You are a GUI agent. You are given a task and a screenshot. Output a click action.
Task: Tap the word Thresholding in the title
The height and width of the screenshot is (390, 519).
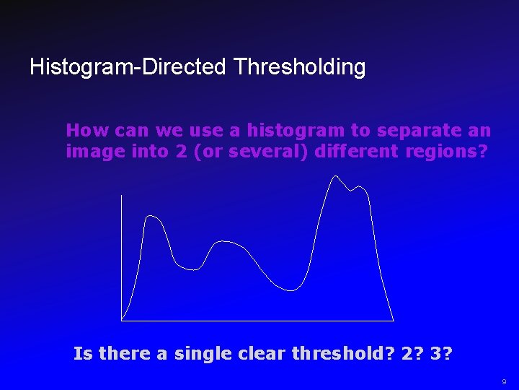(299, 68)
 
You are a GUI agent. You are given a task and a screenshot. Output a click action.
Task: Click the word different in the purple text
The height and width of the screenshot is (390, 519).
(349, 152)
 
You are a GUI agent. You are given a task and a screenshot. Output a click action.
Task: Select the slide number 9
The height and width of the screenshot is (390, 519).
(505, 381)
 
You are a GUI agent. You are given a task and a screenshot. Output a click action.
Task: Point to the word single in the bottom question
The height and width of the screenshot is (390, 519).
(192, 354)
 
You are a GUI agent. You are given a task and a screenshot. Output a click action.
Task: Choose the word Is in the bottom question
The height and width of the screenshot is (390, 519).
(83, 354)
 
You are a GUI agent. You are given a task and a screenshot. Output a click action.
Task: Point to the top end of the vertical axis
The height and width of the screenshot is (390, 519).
(122, 196)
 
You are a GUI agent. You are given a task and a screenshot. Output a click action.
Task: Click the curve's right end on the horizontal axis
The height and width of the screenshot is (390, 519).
(394, 319)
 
